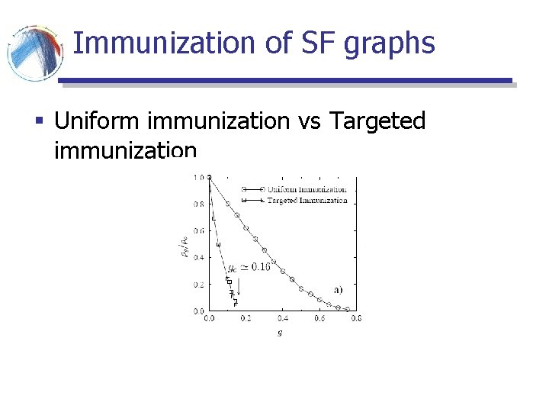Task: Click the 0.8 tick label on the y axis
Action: (x=198, y=204)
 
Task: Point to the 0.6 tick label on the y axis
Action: (x=198, y=230)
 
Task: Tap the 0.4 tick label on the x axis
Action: (x=282, y=319)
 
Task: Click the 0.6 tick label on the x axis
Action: (x=319, y=319)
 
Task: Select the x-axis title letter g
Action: (x=280, y=333)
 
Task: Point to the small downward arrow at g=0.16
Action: (x=239, y=288)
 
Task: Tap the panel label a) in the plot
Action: (x=337, y=289)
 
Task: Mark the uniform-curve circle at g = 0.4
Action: (x=283, y=271)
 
